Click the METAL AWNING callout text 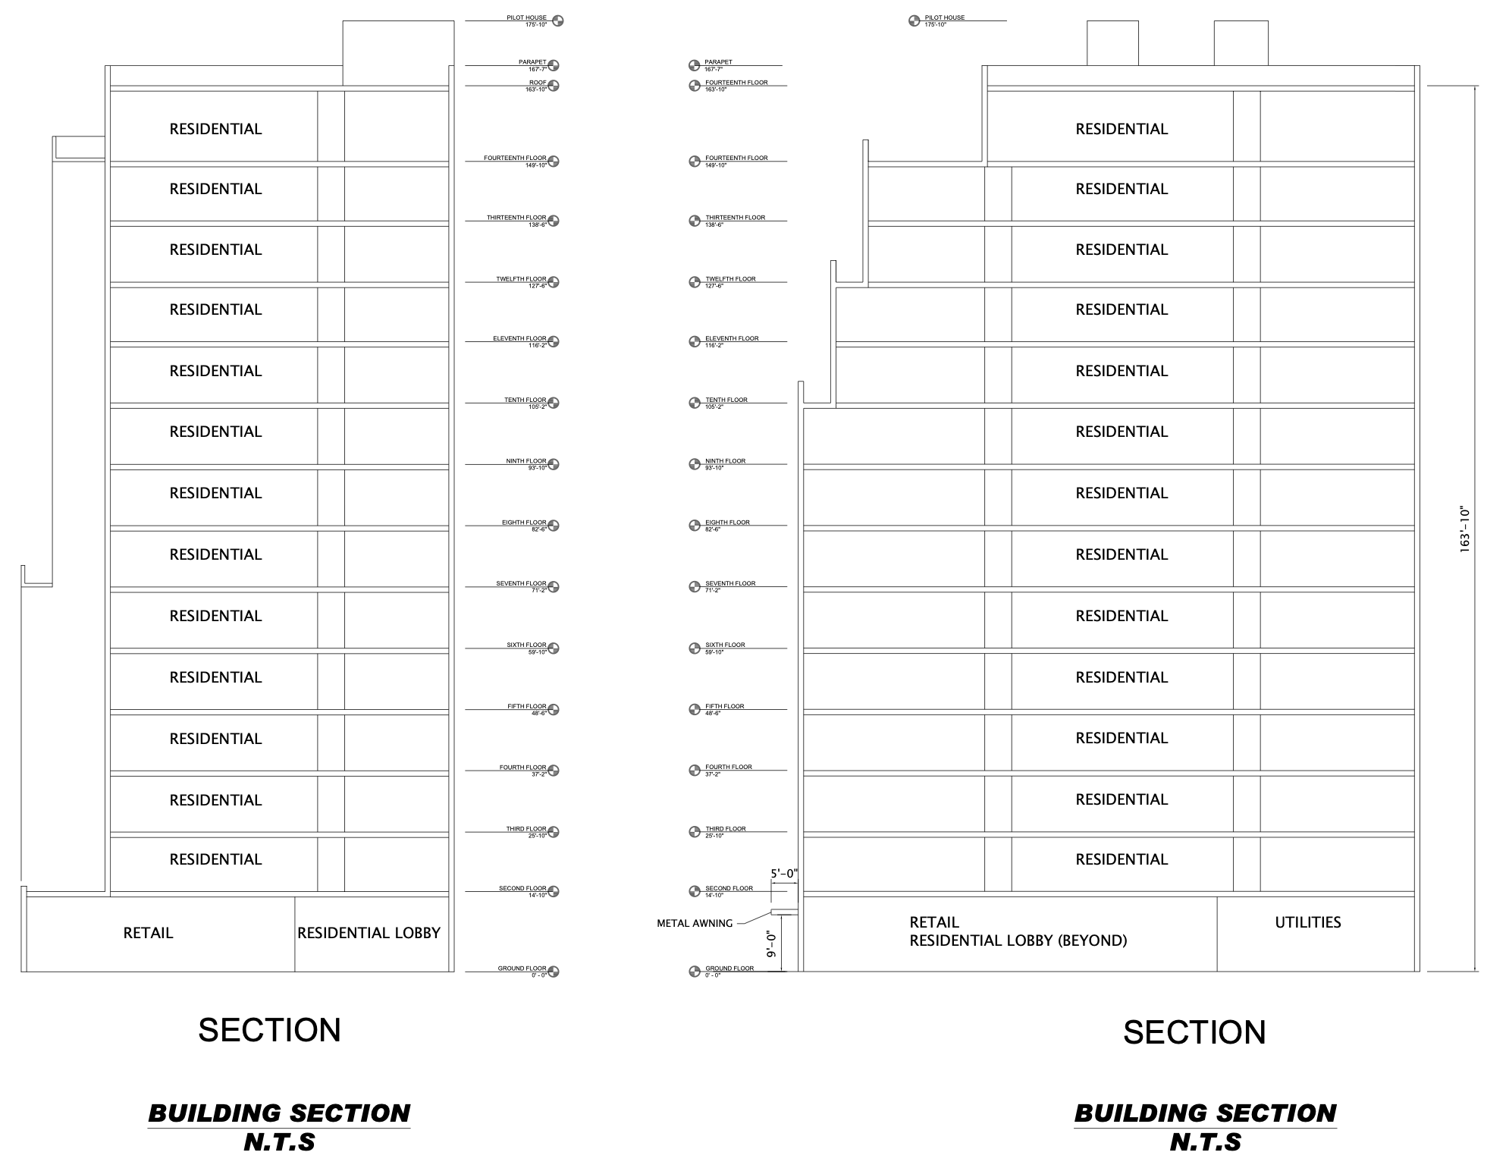(695, 923)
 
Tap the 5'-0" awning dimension (784, 874)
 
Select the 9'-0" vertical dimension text (772, 944)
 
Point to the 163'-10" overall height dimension (1465, 529)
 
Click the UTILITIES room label (1308, 922)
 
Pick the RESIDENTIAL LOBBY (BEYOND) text (1018, 940)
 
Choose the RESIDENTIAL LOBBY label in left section (369, 933)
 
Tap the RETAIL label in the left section (148, 933)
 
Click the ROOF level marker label (537, 83)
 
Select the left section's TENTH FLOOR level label (525, 400)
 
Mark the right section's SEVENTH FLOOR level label (730, 583)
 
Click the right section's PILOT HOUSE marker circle (914, 20)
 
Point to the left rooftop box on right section (1112, 42)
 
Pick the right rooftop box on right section (1241, 42)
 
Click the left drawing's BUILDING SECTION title (279, 1113)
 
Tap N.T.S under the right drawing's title (1206, 1142)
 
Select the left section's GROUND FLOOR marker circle (554, 972)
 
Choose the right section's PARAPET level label (718, 62)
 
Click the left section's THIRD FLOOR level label (526, 829)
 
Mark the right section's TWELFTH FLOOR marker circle (694, 282)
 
